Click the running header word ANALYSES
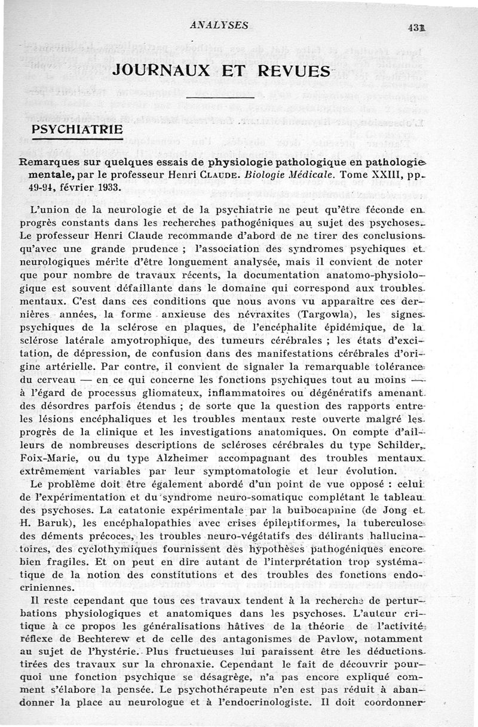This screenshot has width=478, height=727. click(219, 25)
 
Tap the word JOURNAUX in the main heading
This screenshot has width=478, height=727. click(161, 70)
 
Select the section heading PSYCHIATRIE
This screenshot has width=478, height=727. click(77, 129)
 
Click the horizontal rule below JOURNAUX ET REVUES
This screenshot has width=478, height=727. click(220, 96)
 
